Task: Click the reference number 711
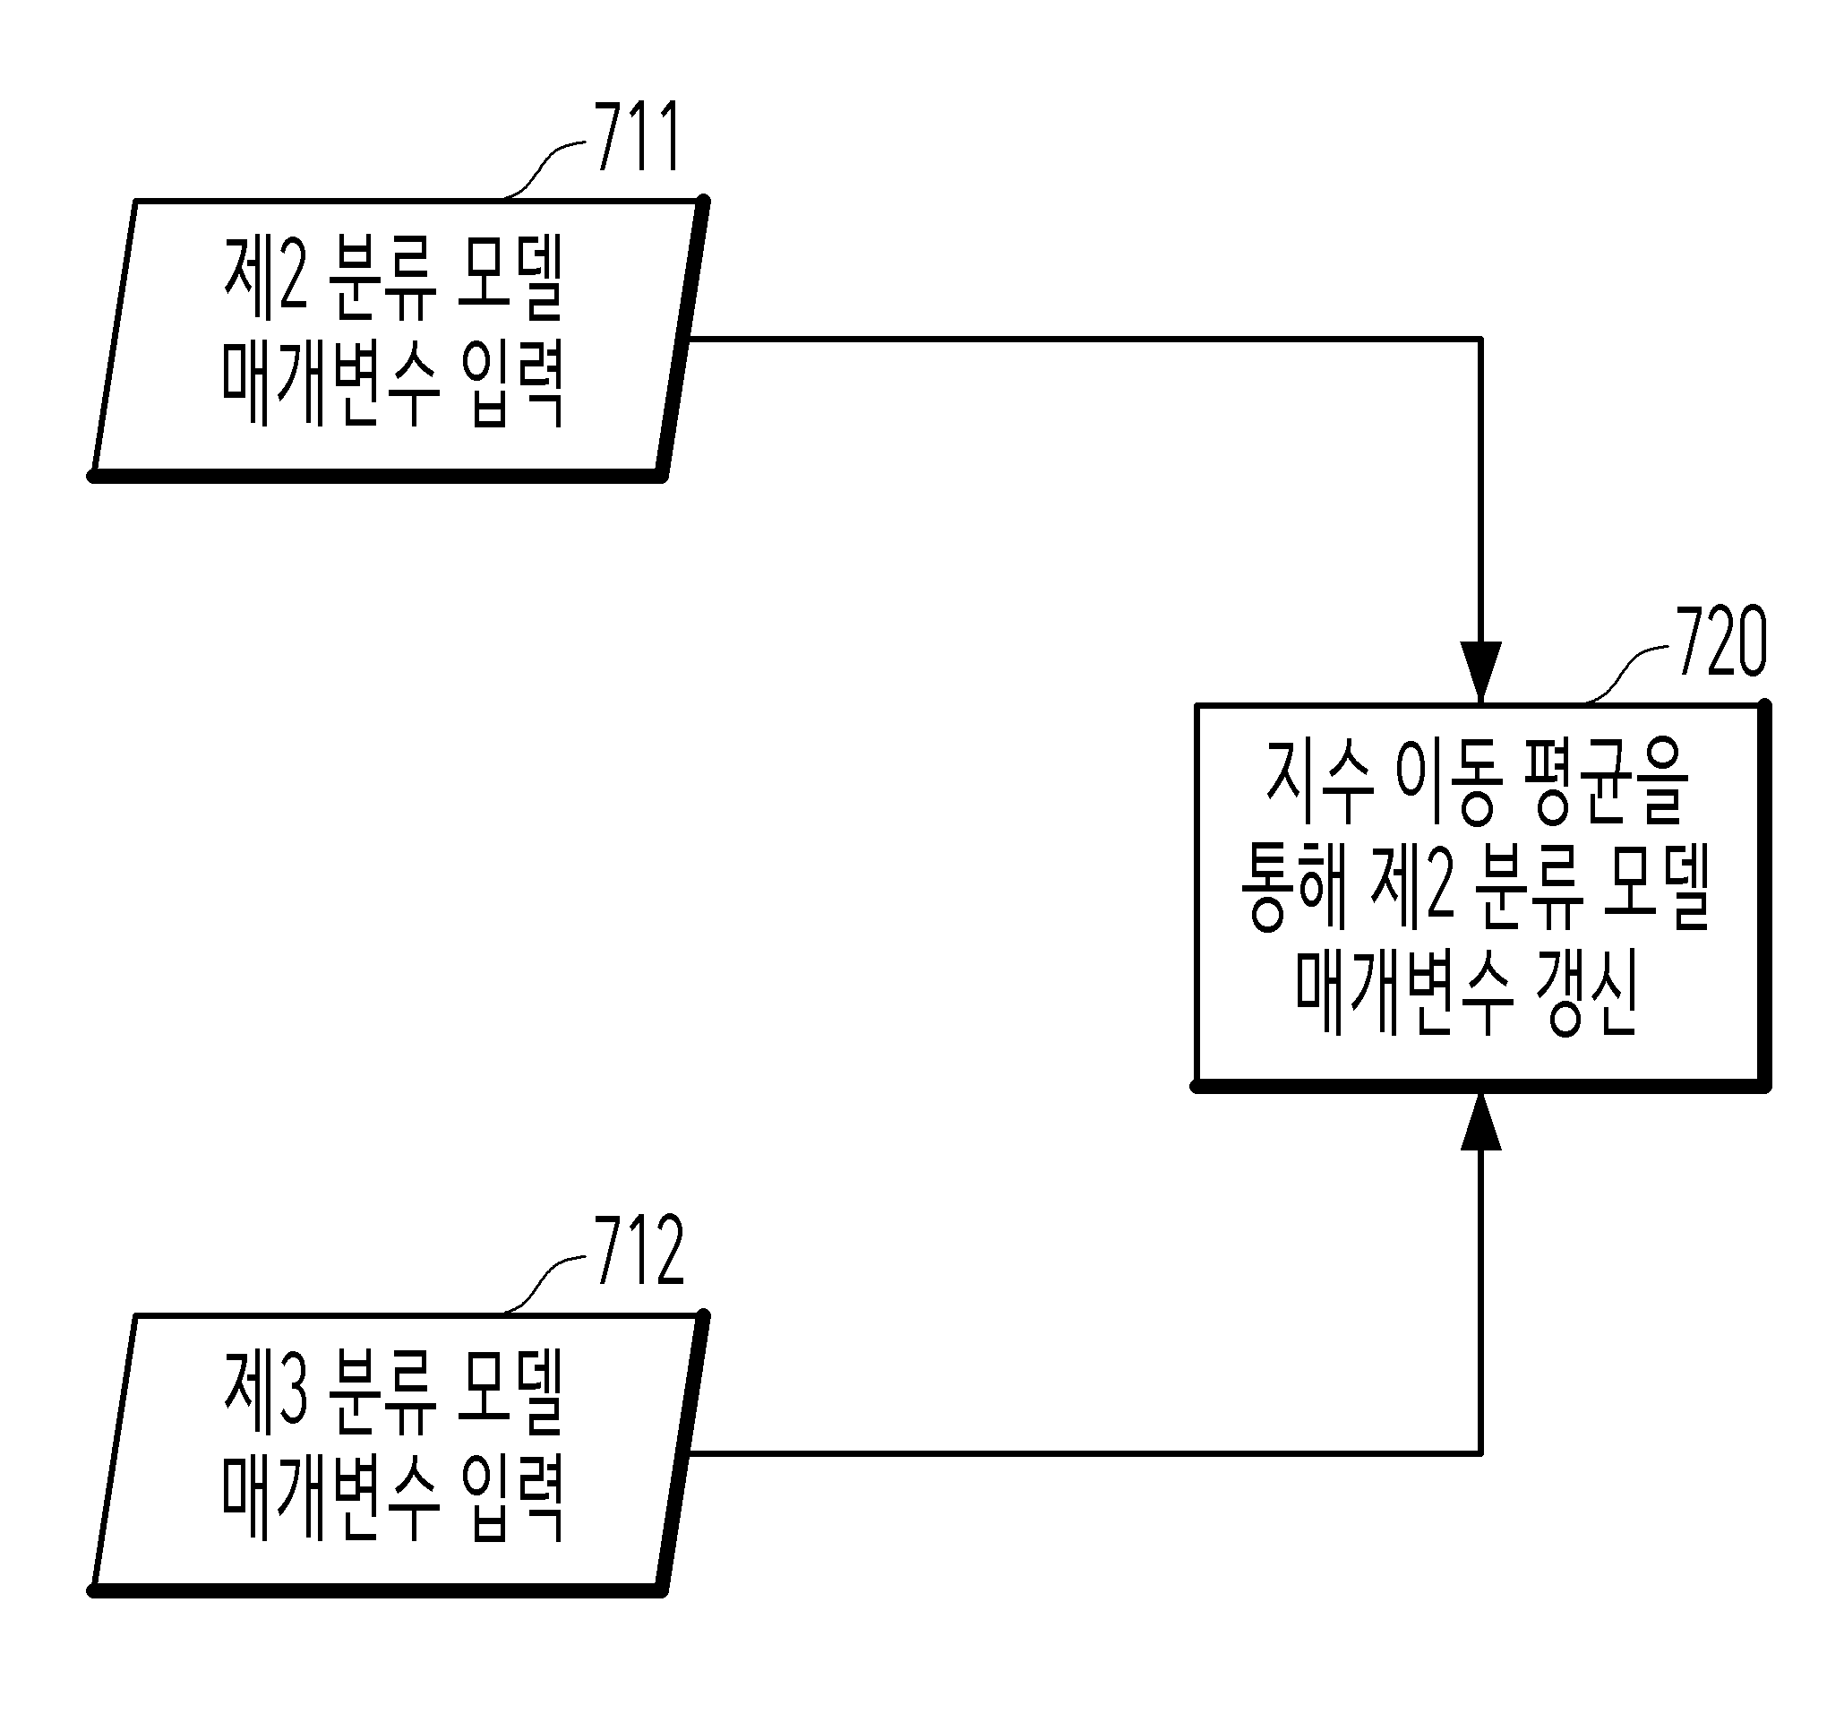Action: pos(638,136)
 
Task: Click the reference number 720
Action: pos(1721,642)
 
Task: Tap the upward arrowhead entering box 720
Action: pos(1480,1124)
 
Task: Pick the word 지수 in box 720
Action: pos(1318,781)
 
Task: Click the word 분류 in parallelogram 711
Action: pos(382,277)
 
